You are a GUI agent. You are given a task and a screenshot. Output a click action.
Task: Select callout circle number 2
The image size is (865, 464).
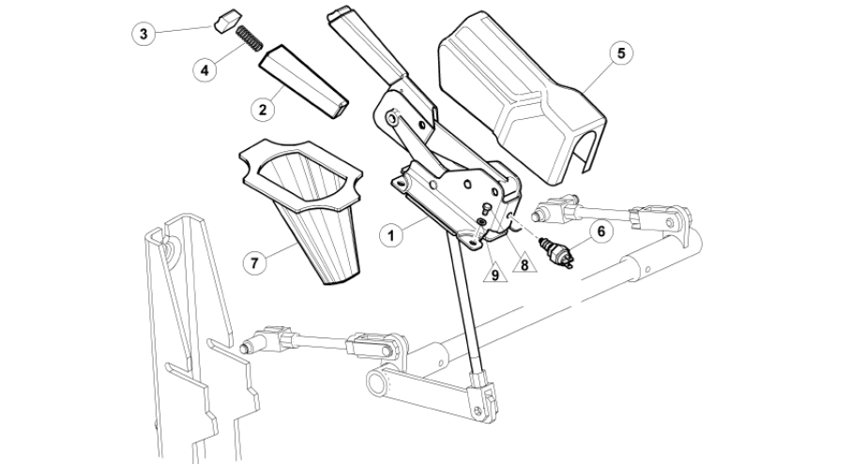tap(264, 109)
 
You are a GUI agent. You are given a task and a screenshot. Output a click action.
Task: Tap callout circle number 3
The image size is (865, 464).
tap(144, 34)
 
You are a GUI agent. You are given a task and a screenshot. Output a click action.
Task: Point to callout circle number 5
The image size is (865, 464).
tap(620, 52)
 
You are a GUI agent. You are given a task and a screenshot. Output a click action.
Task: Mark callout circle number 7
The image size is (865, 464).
tap(252, 262)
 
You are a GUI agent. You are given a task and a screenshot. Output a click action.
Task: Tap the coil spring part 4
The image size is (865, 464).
tap(249, 40)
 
